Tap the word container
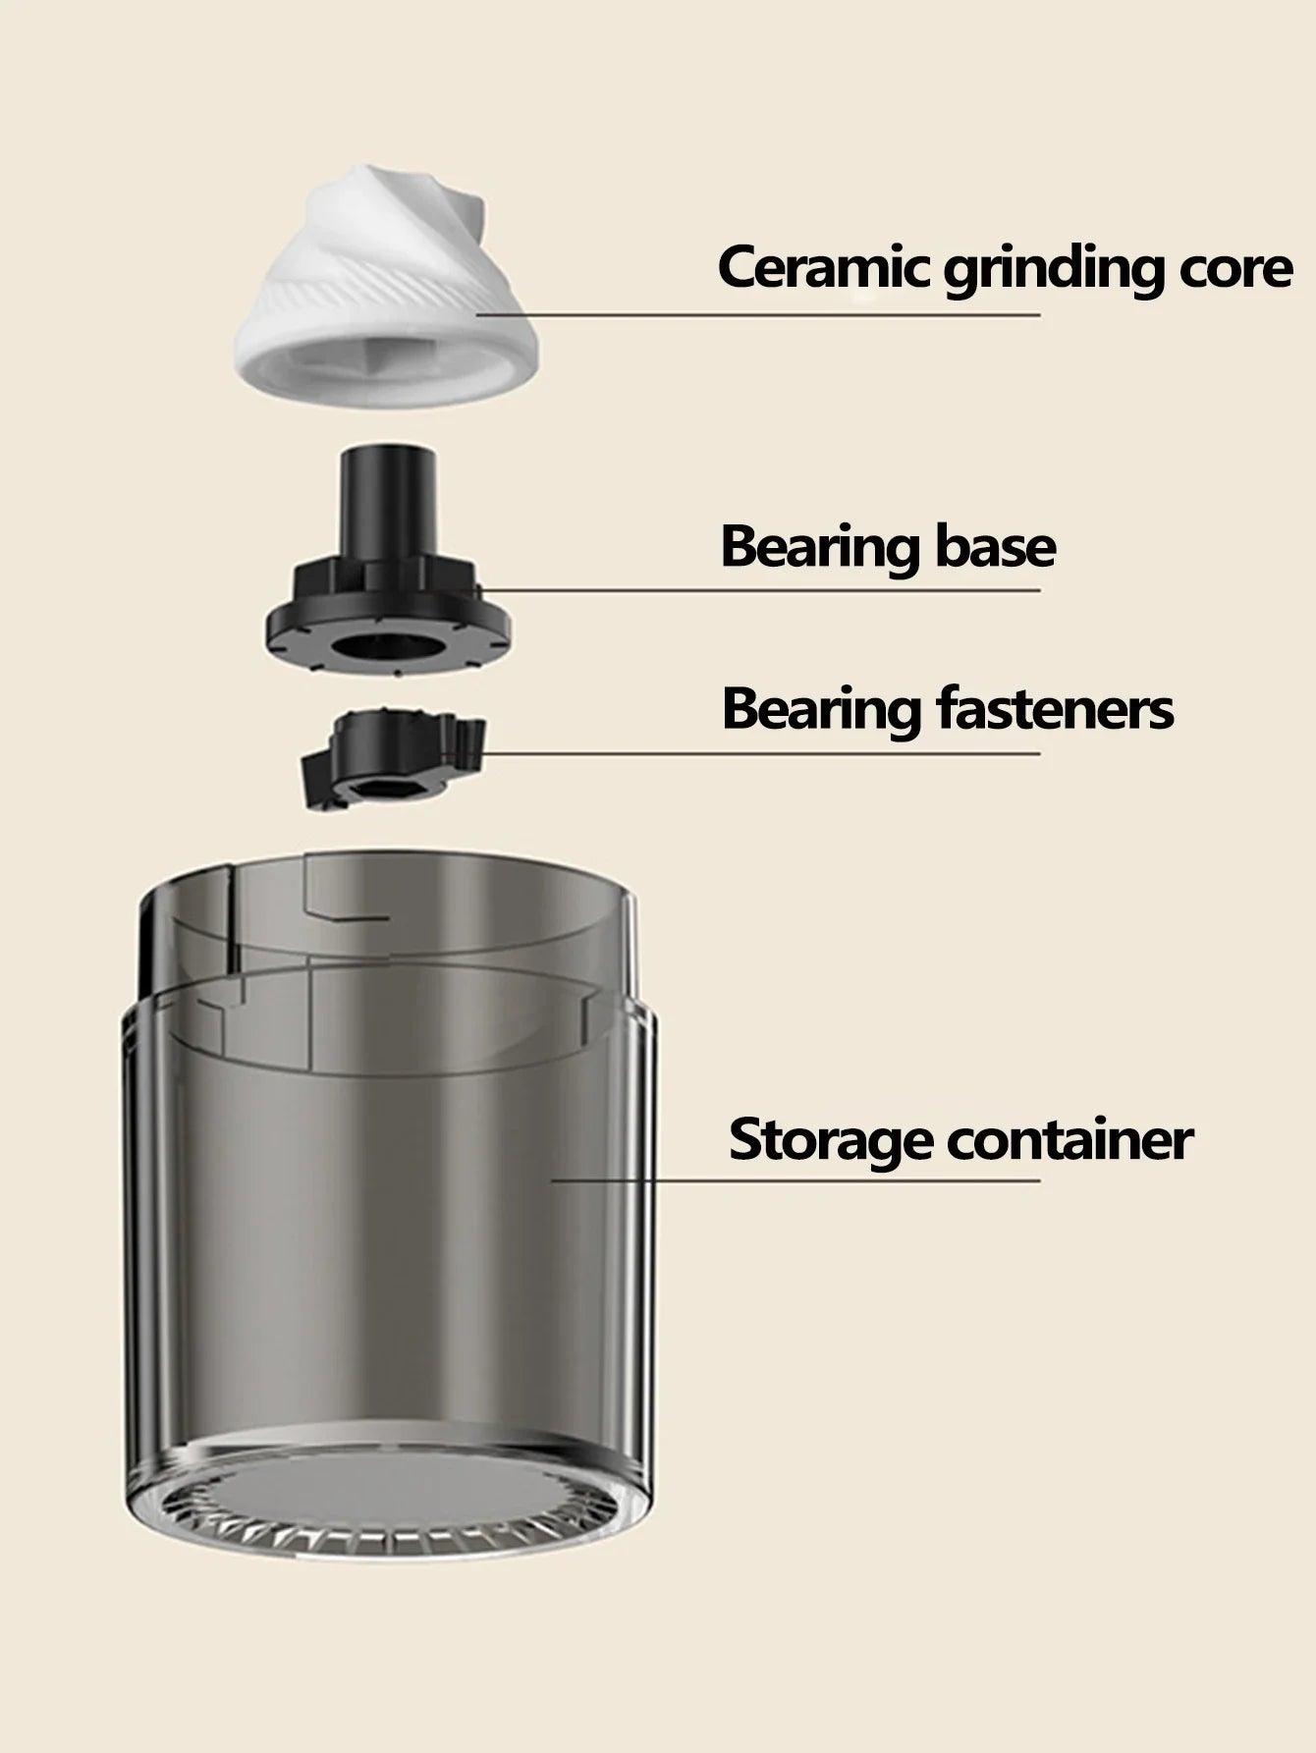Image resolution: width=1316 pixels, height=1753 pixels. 1069,1139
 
